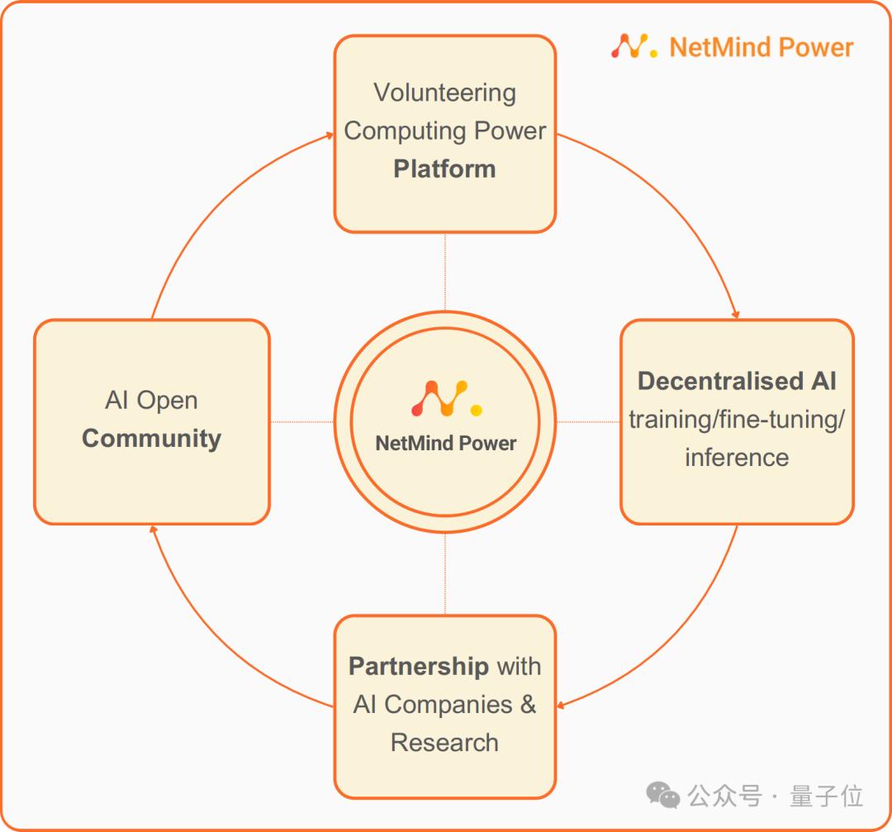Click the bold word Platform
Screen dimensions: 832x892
click(x=444, y=169)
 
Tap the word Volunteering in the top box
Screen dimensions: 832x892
click(x=444, y=93)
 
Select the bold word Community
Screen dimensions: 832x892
click(x=151, y=438)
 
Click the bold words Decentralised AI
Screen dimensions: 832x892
click(x=737, y=381)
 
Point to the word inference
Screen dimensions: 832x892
click(x=737, y=457)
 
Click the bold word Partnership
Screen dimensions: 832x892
click(x=419, y=666)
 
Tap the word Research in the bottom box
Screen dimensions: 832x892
click(x=444, y=742)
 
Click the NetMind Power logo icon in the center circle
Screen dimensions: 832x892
click(x=446, y=398)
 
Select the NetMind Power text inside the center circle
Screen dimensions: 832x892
click(x=446, y=443)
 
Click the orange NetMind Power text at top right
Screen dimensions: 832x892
click(x=762, y=47)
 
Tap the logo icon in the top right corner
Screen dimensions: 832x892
click(x=633, y=46)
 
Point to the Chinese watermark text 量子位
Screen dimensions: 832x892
click(x=827, y=796)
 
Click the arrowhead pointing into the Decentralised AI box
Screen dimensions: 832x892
click(x=736, y=315)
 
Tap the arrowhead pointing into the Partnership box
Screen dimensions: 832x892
click(x=561, y=706)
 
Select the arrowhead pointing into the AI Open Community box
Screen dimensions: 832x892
click(x=153, y=529)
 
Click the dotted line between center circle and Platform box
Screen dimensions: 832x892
click(x=445, y=272)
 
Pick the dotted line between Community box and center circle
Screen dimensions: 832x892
click(x=301, y=422)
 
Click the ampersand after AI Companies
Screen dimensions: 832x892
click(x=528, y=704)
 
